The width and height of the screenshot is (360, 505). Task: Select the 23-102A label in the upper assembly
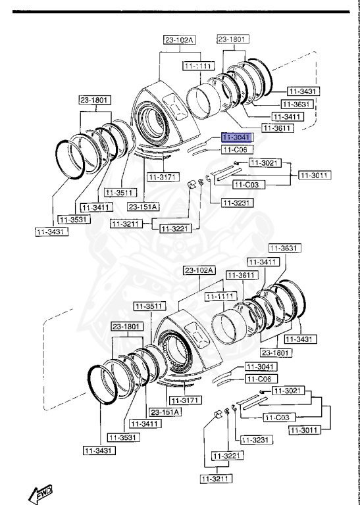[x=180, y=40]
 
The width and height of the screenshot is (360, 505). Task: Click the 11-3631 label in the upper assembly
[x=297, y=105]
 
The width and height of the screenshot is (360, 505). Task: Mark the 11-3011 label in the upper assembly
[x=314, y=175]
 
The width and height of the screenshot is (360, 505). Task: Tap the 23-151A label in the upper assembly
[x=143, y=206]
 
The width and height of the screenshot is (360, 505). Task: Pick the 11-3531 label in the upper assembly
[x=73, y=219]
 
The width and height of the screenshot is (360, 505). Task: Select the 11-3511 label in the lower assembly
[x=148, y=306]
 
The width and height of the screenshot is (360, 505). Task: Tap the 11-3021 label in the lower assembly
[x=288, y=391]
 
